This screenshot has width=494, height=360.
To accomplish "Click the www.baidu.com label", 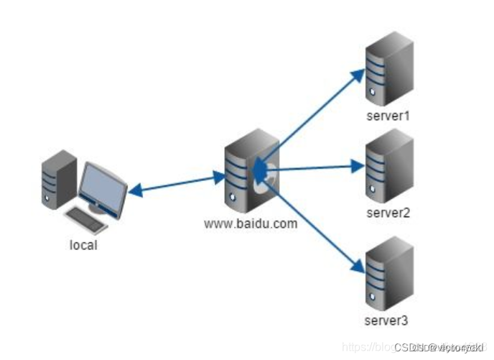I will (251, 223).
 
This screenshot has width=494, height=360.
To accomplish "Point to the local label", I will (83, 245).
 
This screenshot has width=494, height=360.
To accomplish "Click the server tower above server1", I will (389, 70).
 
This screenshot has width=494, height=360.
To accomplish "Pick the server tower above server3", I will (389, 274).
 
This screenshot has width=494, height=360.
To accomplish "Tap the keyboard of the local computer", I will (86, 218).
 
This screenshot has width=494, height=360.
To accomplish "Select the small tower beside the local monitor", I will (58, 180).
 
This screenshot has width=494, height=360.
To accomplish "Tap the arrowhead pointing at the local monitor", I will (134, 190).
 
